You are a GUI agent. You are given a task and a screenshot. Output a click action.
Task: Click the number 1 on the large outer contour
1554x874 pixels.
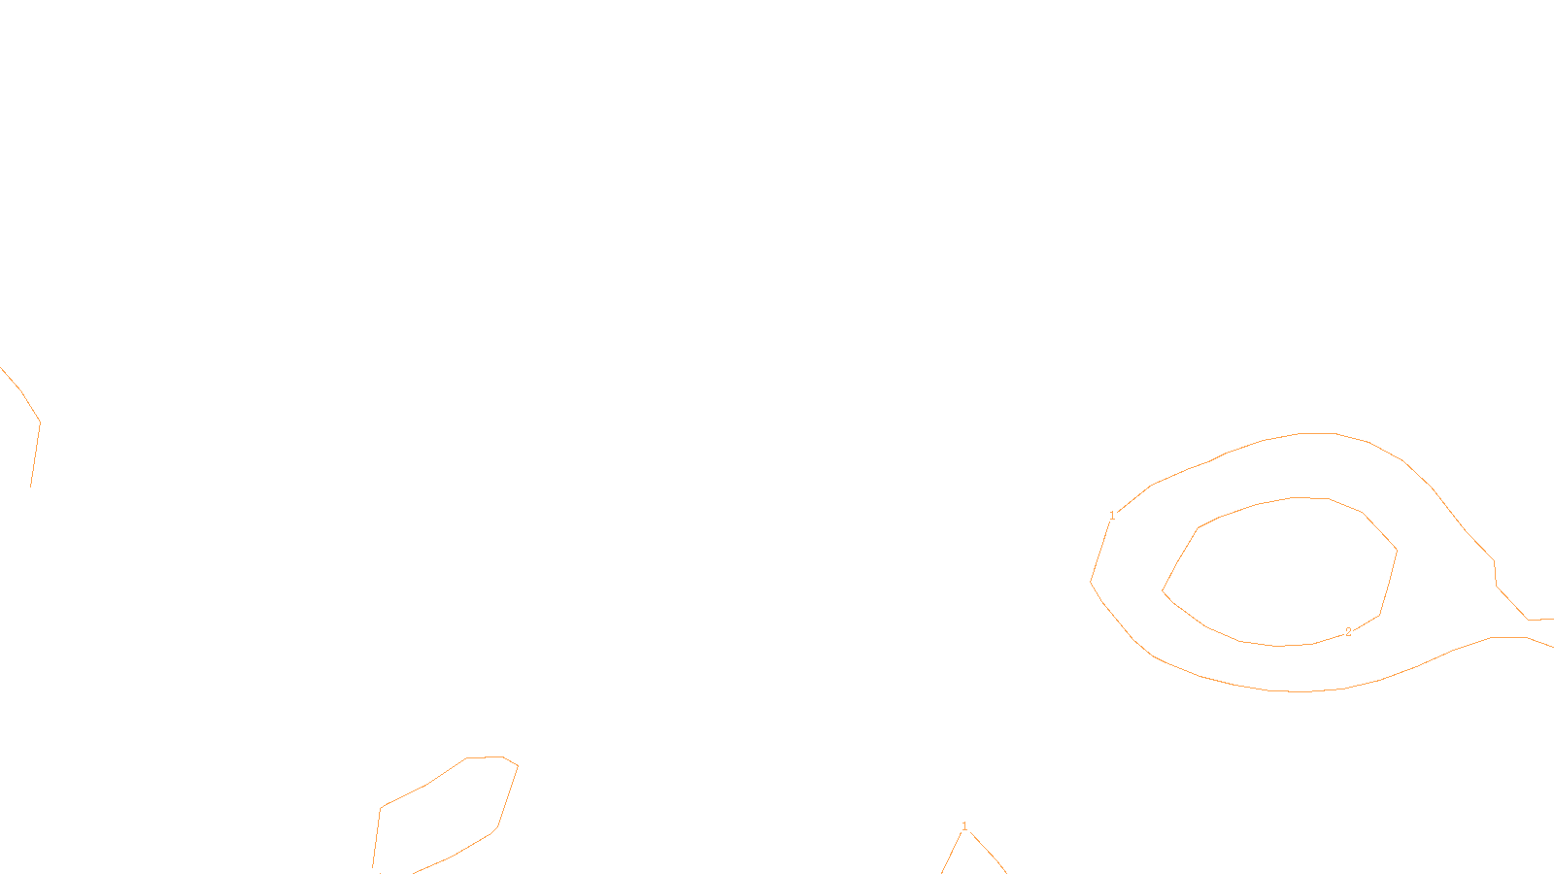(1112, 516)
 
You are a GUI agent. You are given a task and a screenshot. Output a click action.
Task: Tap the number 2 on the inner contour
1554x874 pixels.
(1348, 632)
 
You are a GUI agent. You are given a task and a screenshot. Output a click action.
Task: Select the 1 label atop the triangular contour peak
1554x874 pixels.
(964, 826)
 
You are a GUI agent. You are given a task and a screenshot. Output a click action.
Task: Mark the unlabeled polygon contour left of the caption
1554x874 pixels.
(508, 796)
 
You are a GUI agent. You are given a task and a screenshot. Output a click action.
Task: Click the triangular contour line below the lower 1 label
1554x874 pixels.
(987, 851)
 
